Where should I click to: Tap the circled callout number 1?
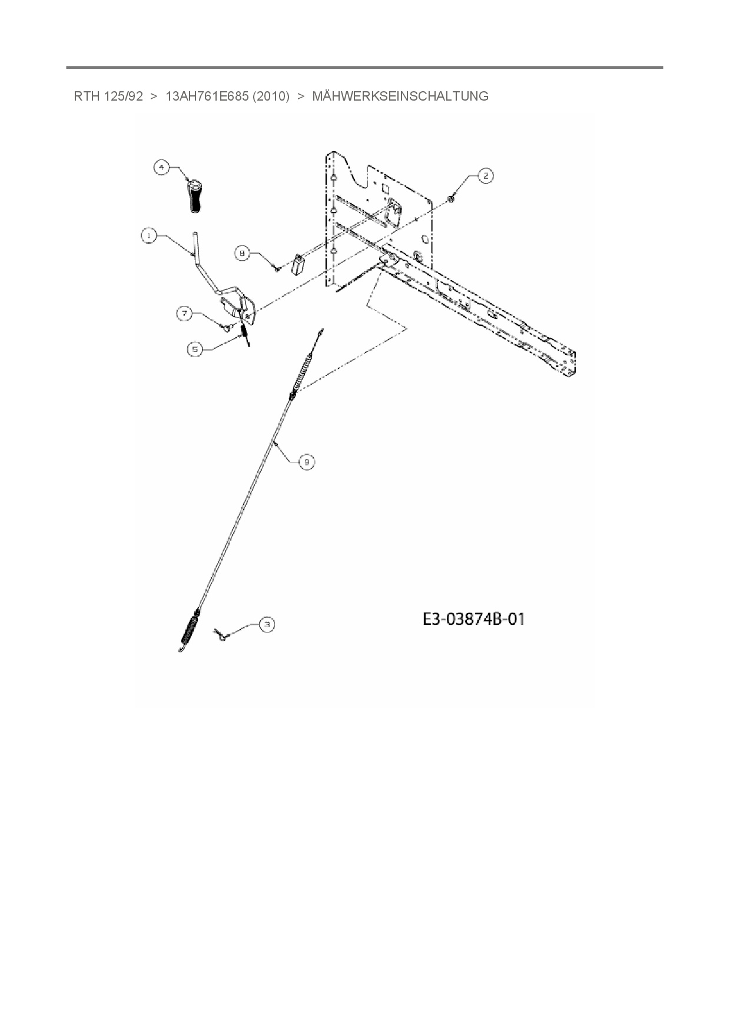pos(148,235)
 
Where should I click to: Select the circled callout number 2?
pos(485,176)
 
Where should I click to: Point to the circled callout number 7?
pos(185,314)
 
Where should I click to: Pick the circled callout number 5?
pos(195,349)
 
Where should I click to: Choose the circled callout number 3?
pos(267,624)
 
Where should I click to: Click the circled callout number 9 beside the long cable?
pos(306,462)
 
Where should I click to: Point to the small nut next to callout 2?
pos(450,199)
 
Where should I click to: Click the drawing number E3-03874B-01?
pos(473,619)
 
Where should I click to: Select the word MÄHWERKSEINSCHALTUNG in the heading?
pos(400,96)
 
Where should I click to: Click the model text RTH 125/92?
pos(108,96)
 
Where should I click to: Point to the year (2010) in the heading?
pos(271,96)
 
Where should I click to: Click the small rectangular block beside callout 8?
pos(297,263)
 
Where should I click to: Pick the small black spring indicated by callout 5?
pos(246,335)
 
